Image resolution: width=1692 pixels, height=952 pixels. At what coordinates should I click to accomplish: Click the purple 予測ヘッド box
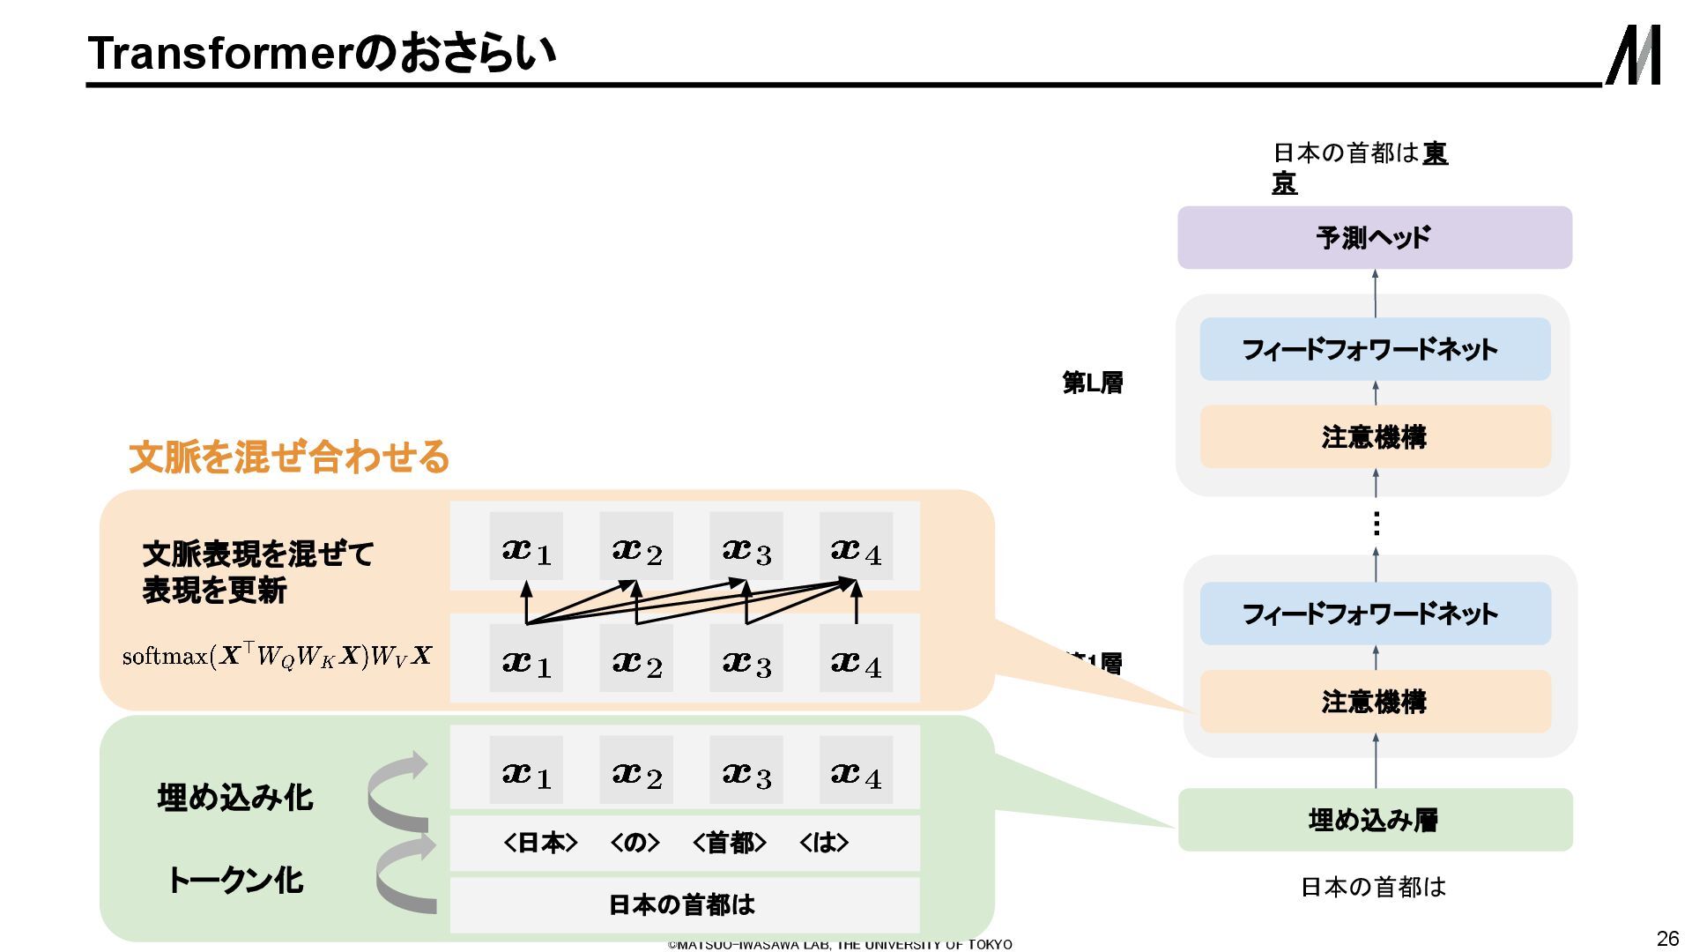click(1374, 238)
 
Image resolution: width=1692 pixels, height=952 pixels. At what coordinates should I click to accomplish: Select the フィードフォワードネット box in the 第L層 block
click(1374, 349)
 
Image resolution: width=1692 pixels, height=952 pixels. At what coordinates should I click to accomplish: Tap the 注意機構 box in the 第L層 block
click(1374, 437)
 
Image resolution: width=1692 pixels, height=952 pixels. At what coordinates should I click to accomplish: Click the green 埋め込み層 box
click(1374, 820)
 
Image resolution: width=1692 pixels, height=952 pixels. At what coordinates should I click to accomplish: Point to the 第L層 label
click(1093, 383)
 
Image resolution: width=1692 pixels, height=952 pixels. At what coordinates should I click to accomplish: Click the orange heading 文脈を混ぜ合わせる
click(289, 457)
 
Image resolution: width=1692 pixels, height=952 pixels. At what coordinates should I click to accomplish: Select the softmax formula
click(277, 657)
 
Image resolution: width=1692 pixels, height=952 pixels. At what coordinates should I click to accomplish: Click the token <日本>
click(540, 843)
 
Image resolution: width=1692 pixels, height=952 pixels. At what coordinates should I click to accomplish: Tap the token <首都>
click(730, 843)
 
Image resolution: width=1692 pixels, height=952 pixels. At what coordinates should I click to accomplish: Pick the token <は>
click(824, 843)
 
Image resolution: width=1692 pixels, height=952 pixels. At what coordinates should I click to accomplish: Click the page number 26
click(1667, 938)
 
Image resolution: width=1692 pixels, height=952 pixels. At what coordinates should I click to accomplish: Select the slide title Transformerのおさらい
click(322, 53)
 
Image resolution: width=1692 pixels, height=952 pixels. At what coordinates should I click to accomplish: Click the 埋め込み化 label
click(235, 798)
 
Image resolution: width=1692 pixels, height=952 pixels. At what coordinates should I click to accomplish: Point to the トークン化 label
click(235, 880)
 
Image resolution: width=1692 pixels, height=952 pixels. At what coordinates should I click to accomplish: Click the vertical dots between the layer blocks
click(1376, 524)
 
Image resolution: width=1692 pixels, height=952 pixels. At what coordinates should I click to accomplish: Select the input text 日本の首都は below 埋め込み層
click(1373, 887)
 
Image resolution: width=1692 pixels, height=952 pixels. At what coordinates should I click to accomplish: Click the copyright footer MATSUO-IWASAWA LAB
click(840, 944)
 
